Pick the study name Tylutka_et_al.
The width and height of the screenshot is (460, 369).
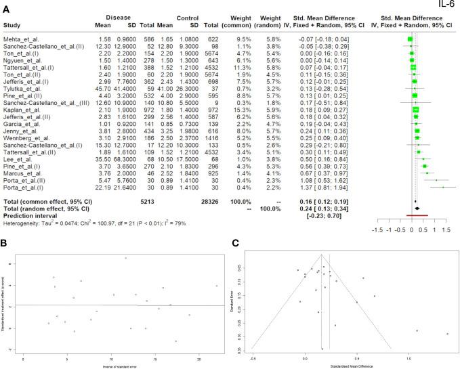pos(23,87)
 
